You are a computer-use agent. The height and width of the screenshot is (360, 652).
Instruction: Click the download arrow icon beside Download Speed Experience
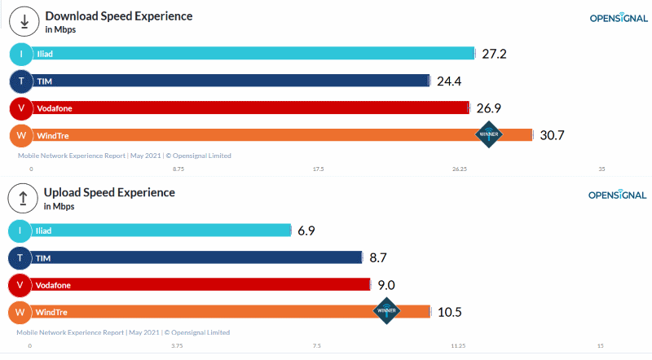[24, 22]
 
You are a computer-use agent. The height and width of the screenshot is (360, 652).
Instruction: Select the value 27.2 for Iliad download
[494, 54]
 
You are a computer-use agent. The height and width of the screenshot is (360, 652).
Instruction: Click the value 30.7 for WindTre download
[552, 135]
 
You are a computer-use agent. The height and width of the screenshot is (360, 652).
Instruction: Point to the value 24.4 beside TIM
[449, 81]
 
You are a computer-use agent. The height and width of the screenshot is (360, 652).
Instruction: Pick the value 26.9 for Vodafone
[489, 108]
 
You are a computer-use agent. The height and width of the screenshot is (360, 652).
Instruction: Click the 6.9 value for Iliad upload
[306, 230]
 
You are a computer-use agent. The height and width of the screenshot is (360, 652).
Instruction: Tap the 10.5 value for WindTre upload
[449, 312]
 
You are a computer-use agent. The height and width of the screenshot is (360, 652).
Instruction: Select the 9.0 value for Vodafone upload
[386, 285]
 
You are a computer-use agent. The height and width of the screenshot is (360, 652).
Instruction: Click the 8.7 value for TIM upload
[377, 257]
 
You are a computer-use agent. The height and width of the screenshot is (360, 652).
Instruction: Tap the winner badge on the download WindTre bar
[489, 134]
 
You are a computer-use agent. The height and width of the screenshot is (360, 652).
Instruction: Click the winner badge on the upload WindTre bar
[386, 310]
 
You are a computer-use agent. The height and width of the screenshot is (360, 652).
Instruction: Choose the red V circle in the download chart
[21, 108]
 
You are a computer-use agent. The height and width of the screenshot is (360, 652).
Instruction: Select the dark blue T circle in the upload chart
[20, 258]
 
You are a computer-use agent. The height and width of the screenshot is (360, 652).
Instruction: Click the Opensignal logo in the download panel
[618, 18]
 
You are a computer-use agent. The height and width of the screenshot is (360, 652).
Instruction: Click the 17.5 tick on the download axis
[318, 169]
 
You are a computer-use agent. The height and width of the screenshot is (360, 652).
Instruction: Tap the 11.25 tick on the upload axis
[458, 345]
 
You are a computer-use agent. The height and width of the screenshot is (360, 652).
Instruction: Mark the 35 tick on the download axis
[601, 169]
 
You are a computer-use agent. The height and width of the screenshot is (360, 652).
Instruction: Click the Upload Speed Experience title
[109, 193]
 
